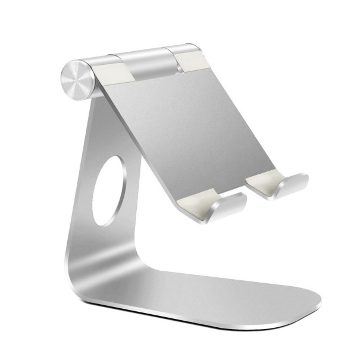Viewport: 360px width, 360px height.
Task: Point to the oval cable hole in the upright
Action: tap(108, 191)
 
